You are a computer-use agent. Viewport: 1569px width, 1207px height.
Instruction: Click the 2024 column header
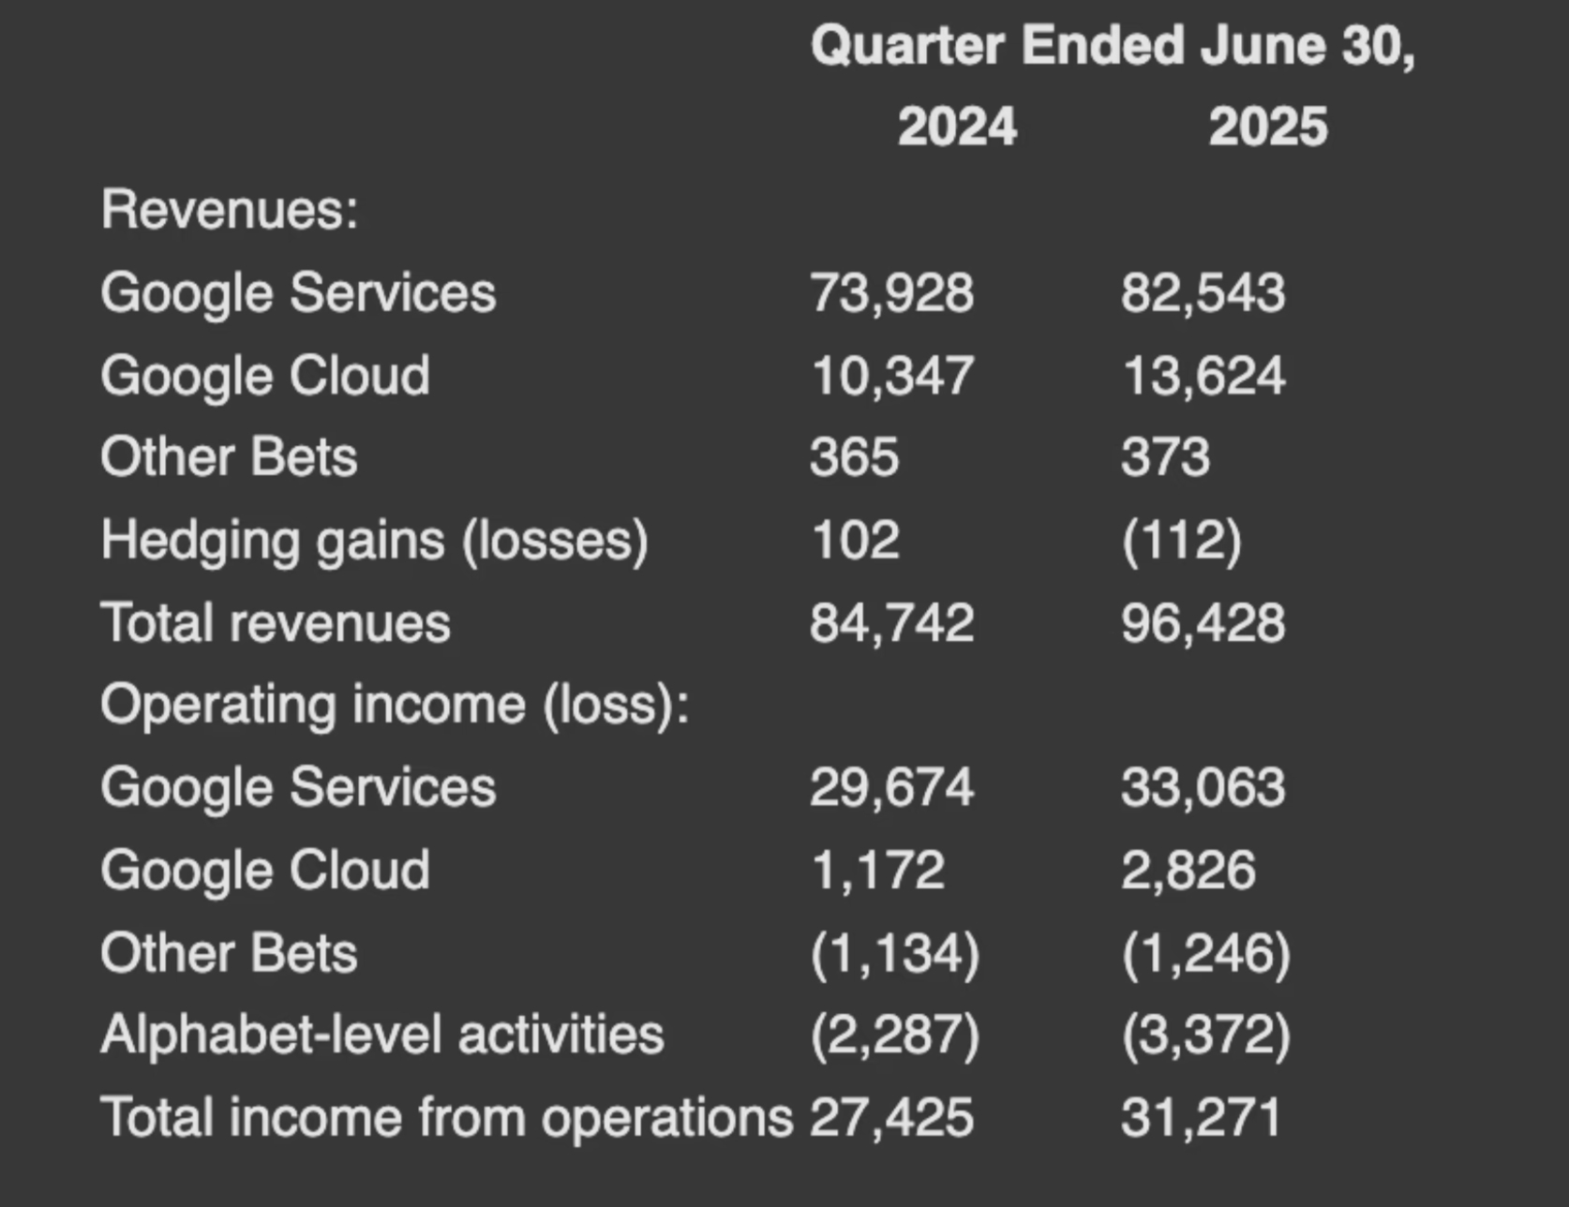pyautogui.click(x=957, y=127)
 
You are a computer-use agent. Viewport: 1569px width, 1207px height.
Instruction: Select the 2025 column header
pyautogui.click(x=1268, y=127)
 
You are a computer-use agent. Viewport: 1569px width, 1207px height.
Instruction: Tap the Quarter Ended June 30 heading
pyautogui.click(x=1113, y=45)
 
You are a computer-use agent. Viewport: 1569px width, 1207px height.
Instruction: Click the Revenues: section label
pyautogui.click(x=230, y=208)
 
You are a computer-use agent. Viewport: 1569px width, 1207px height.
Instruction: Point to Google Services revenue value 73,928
pyautogui.click(x=892, y=292)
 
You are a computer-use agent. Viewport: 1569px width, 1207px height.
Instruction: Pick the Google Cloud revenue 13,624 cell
pyautogui.click(x=1203, y=375)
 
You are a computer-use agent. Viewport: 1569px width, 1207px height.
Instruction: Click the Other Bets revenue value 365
pyautogui.click(x=855, y=457)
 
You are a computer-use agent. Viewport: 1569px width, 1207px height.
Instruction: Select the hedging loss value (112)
pyautogui.click(x=1182, y=541)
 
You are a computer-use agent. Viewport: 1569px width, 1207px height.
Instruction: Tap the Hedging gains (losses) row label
pyautogui.click(x=375, y=541)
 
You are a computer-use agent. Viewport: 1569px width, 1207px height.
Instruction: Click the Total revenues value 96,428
pyautogui.click(x=1203, y=623)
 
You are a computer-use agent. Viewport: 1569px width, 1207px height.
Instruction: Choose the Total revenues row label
pyautogui.click(x=276, y=623)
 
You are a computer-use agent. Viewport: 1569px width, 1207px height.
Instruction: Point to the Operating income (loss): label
pyautogui.click(x=395, y=706)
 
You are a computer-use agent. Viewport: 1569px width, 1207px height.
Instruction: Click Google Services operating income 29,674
pyautogui.click(x=892, y=787)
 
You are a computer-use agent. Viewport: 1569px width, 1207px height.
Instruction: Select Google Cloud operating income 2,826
pyautogui.click(x=1188, y=871)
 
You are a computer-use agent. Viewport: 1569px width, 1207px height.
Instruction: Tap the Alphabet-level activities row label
pyautogui.click(x=382, y=1035)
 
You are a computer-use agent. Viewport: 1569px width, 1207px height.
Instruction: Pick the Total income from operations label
pyautogui.click(x=447, y=1118)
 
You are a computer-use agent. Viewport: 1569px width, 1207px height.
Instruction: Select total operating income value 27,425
pyautogui.click(x=892, y=1118)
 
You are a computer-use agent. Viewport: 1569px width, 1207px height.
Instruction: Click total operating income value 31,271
pyautogui.click(x=1202, y=1118)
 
